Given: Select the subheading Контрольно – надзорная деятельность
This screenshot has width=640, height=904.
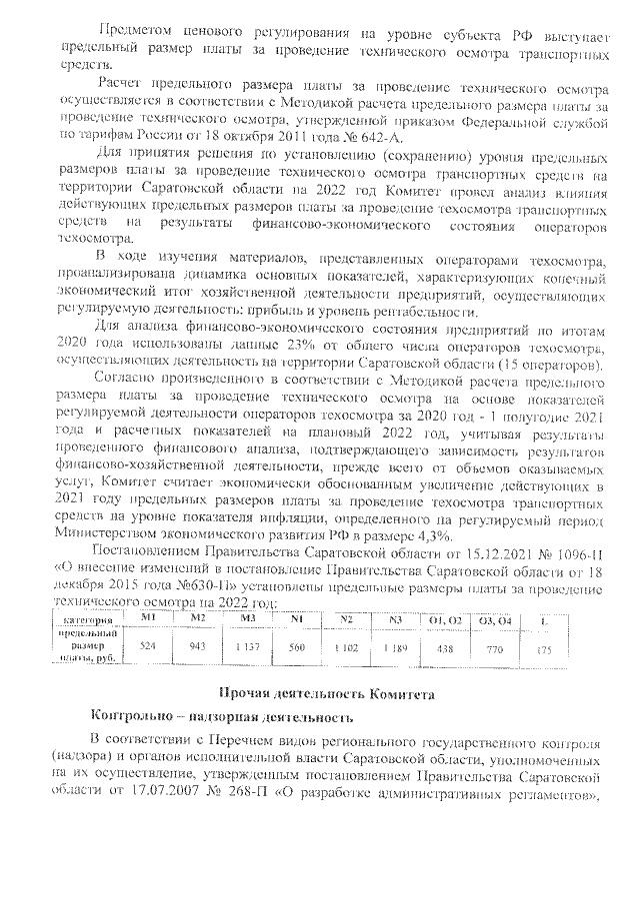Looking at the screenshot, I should tap(221, 717).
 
